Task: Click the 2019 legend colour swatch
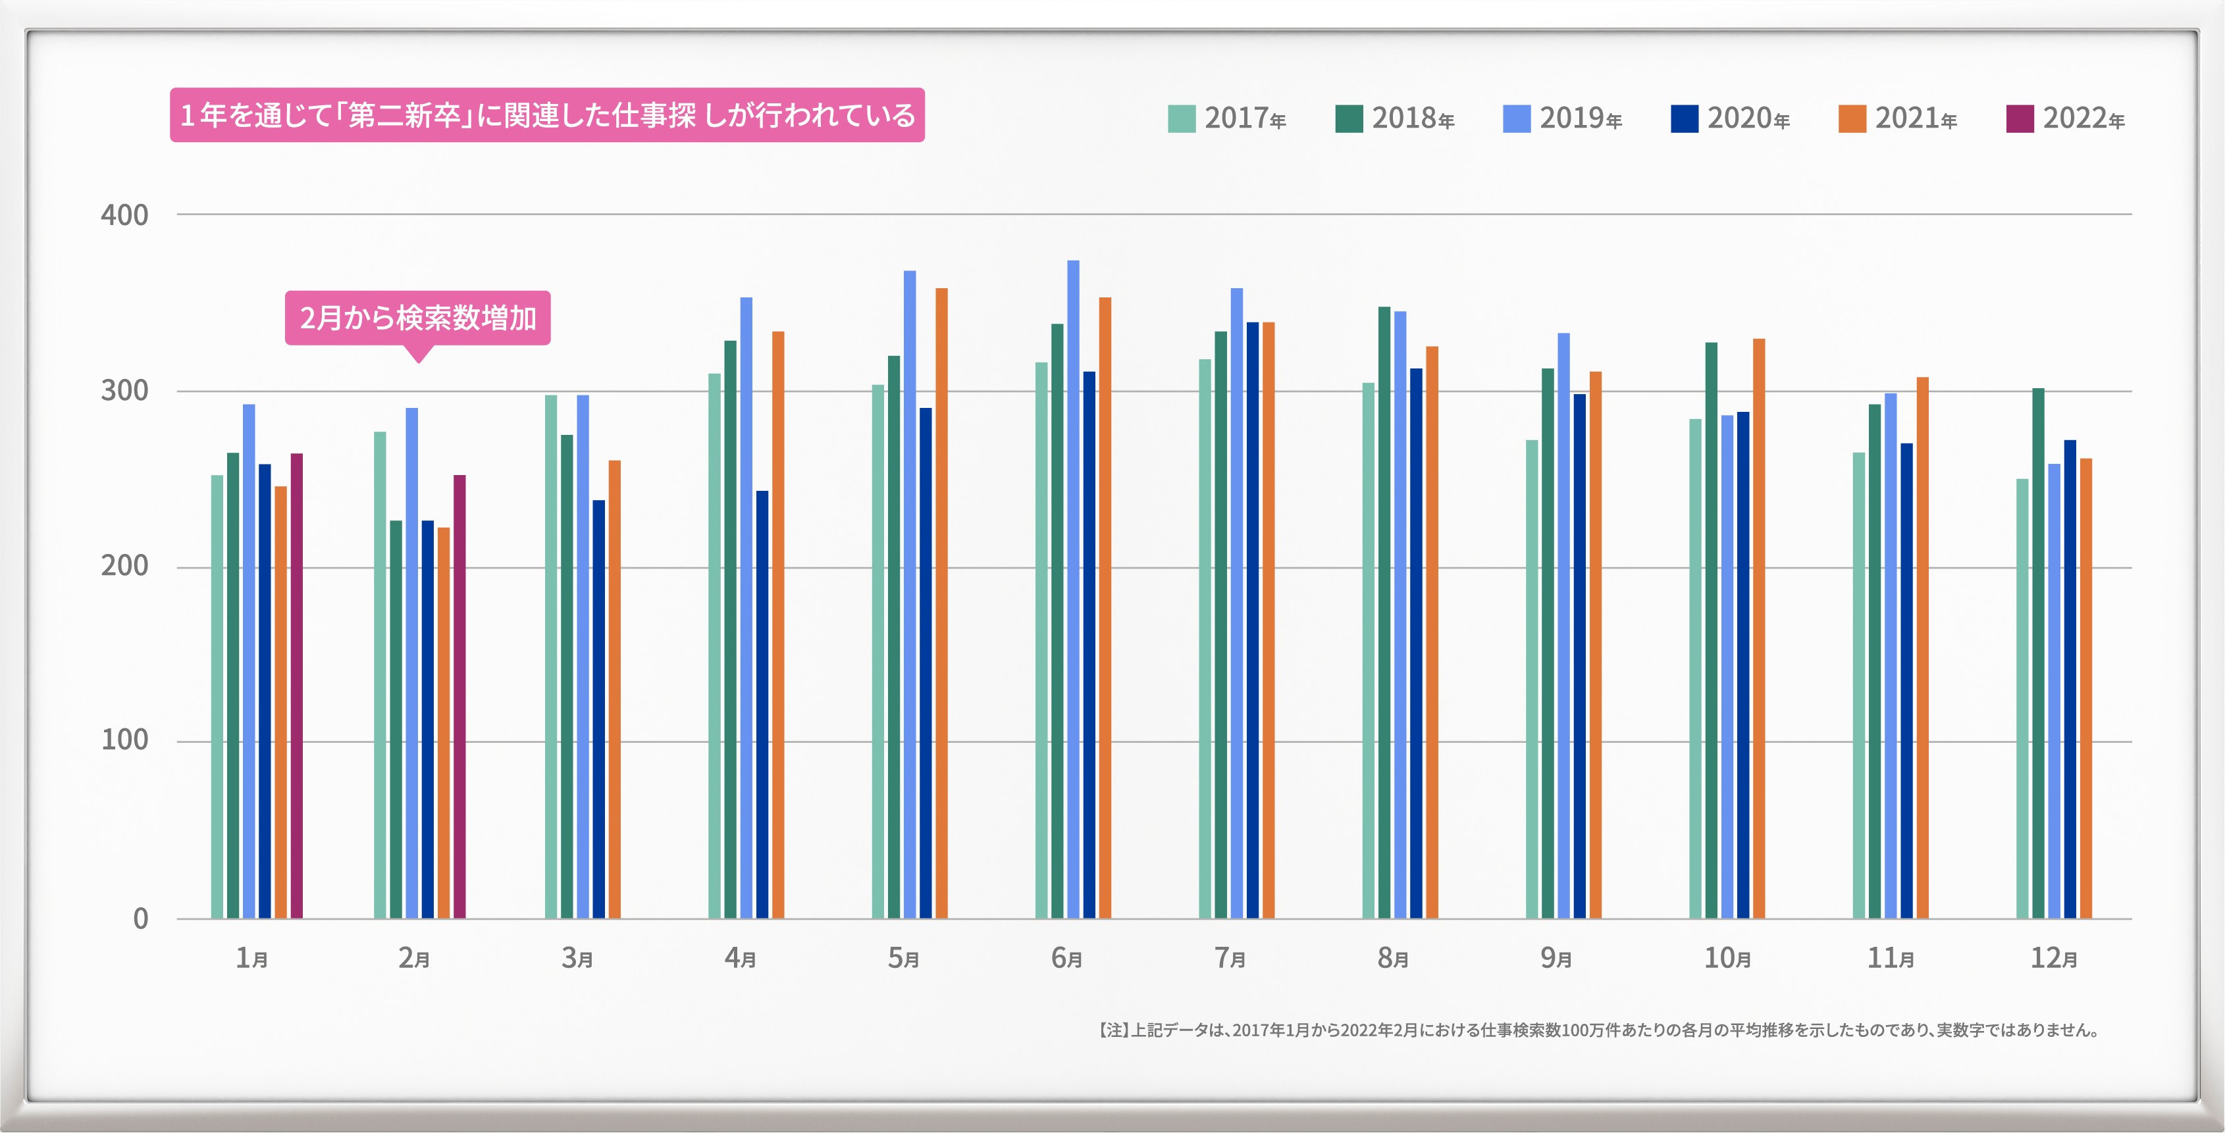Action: pos(1516,118)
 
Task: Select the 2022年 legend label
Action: pos(2083,118)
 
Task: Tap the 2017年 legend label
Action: pos(1245,118)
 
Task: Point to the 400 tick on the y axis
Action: pos(124,215)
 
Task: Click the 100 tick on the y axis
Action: pos(124,740)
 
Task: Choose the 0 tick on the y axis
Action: pos(140,918)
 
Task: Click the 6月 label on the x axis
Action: pos(1066,958)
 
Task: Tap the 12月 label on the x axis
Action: pos(2053,958)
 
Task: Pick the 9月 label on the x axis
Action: pos(1556,958)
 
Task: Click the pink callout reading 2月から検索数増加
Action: pos(418,318)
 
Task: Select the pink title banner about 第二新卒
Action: pos(547,115)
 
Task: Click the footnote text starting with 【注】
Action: pos(1598,1030)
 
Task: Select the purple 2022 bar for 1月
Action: pos(296,686)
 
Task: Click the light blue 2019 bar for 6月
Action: pos(1073,589)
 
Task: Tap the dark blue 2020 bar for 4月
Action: pos(762,704)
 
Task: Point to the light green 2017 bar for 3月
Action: pos(551,657)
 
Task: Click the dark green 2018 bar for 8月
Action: pos(1384,613)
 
